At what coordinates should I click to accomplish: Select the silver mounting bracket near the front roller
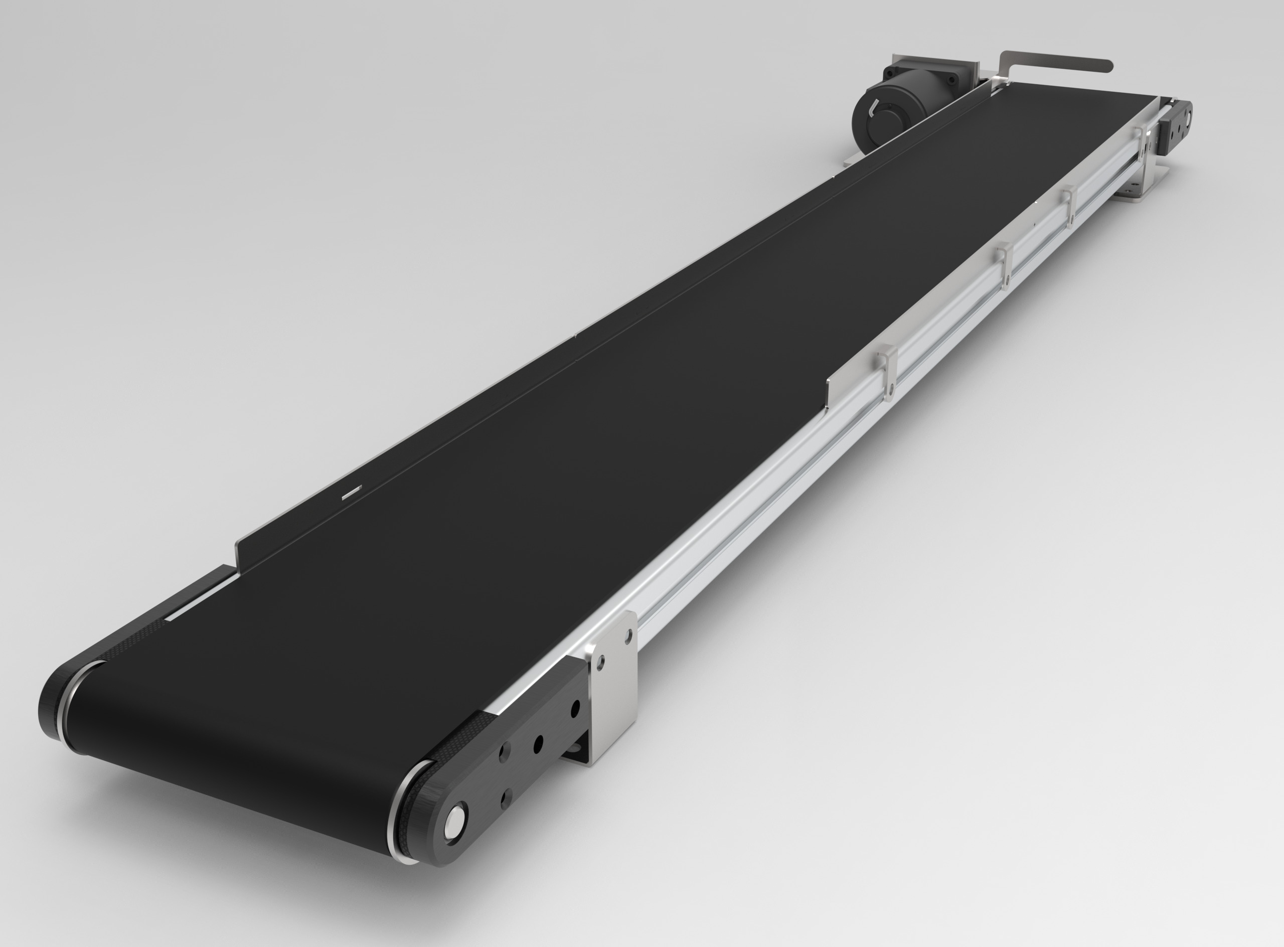(x=613, y=682)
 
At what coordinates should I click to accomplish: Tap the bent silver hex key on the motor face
(x=872, y=108)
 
